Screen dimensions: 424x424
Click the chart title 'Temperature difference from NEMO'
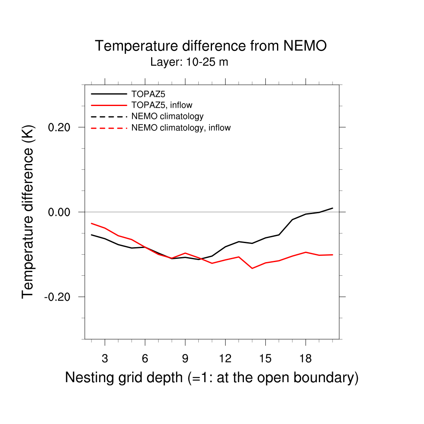point(211,46)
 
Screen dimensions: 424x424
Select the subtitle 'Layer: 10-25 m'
point(189,63)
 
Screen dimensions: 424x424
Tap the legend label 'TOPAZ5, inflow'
point(162,105)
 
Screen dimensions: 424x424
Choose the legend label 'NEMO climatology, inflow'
point(181,128)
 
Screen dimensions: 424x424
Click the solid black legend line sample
point(109,94)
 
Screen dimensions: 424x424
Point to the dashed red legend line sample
point(109,128)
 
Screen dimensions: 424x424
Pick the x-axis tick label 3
point(105,359)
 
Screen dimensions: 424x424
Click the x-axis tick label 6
point(145,359)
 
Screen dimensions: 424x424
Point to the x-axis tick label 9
point(185,359)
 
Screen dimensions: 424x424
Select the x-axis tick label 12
point(225,359)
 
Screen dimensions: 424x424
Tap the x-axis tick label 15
point(265,359)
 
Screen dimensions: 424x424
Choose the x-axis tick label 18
point(306,359)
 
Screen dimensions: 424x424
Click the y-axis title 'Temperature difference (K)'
point(28,212)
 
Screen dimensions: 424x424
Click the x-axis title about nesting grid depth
point(212,378)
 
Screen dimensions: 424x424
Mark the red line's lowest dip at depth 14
point(252,268)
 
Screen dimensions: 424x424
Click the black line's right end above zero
point(332,208)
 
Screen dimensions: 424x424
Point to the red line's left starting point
point(92,223)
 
